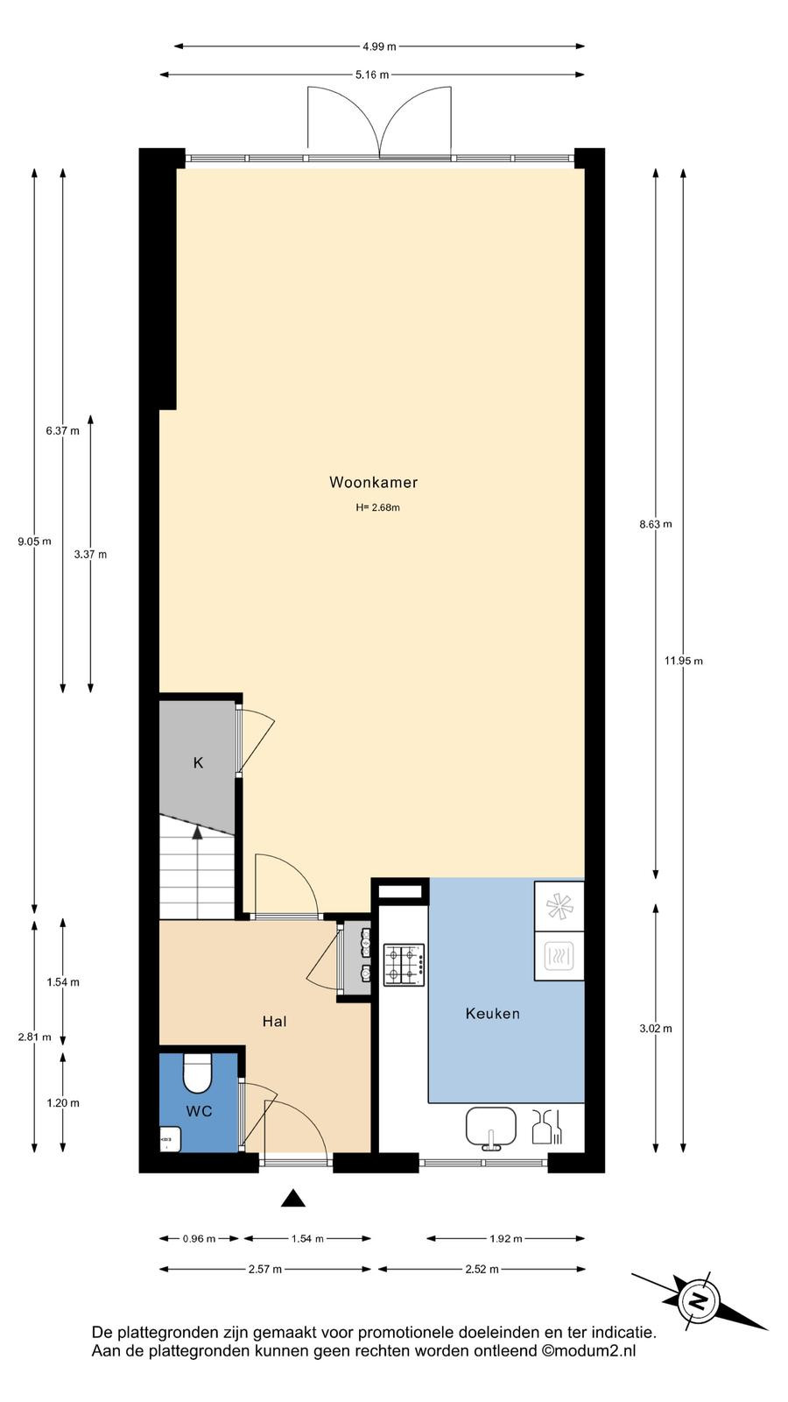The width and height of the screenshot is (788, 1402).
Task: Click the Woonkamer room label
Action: (373, 482)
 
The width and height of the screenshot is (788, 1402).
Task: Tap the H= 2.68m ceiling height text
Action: (377, 507)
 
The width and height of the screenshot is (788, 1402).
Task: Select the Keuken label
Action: (493, 1013)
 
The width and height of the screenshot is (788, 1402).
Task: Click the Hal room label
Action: (275, 1022)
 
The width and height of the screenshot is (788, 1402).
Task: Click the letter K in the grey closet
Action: (198, 763)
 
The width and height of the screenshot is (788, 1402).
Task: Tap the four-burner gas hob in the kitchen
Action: (404, 966)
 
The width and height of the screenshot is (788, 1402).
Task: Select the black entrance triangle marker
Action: (292, 1198)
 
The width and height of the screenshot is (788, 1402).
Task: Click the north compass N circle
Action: (696, 1302)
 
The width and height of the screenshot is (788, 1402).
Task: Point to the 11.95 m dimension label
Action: (684, 661)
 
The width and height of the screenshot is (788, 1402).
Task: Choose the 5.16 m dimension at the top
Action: (372, 75)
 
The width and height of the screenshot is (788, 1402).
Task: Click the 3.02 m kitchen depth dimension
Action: (656, 1028)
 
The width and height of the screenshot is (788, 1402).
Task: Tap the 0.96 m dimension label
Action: (199, 1238)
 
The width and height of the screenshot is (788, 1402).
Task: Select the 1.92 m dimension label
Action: (505, 1238)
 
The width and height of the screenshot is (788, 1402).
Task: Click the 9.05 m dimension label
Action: (34, 542)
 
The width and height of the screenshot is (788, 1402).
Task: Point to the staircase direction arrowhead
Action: (198, 832)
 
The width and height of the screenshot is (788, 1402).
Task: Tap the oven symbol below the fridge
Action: (559, 956)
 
